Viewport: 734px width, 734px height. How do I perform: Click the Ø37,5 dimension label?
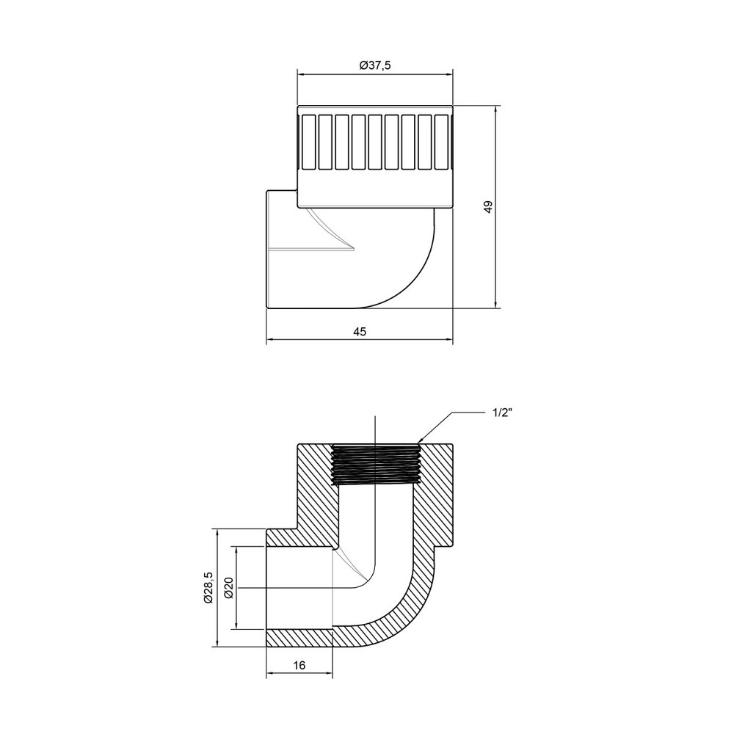click(x=374, y=65)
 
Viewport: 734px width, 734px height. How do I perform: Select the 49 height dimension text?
click(x=487, y=207)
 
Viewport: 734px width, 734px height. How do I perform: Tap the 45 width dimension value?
click(x=359, y=332)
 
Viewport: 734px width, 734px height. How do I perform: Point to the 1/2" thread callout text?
click(x=501, y=413)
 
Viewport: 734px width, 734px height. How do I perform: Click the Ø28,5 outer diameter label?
click(x=208, y=587)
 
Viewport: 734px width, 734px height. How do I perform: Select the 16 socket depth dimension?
click(x=299, y=665)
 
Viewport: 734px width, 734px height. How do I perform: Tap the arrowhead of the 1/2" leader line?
click(x=421, y=442)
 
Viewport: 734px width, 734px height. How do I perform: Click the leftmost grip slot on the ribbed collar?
click(x=309, y=142)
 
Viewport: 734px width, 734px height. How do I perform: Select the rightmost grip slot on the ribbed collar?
click(x=441, y=142)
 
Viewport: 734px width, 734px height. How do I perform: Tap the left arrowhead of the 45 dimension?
click(x=269, y=340)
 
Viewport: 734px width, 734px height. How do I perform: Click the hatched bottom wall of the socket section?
click(x=299, y=637)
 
